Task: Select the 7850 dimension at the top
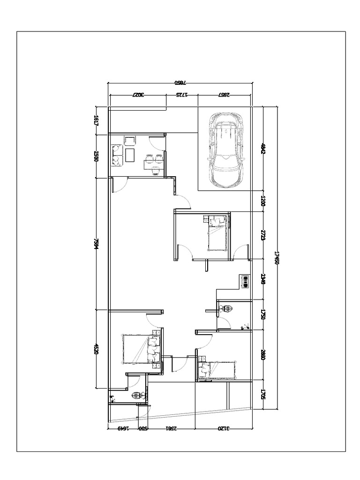(181, 83)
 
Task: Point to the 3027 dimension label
(137, 95)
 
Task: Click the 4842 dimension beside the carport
(263, 149)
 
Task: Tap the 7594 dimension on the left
(96, 244)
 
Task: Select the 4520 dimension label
(96, 349)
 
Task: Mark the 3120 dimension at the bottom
(224, 427)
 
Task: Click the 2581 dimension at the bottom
(171, 427)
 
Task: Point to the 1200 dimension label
(263, 202)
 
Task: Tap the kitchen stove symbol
(244, 280)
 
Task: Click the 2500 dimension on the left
(96, 157)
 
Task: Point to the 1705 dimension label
(263, 395)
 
